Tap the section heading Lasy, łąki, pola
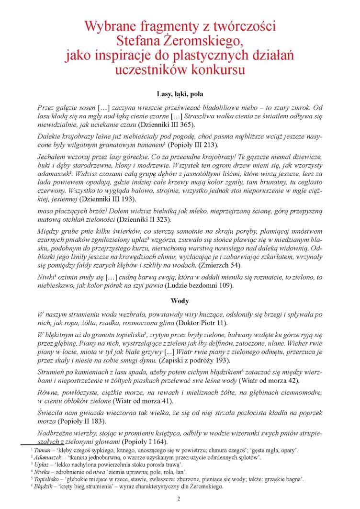point(180,93)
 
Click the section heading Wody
point(180,301)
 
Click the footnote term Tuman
point(42,451)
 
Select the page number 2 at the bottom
point(179,499)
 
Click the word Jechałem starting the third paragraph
point(53,157)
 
